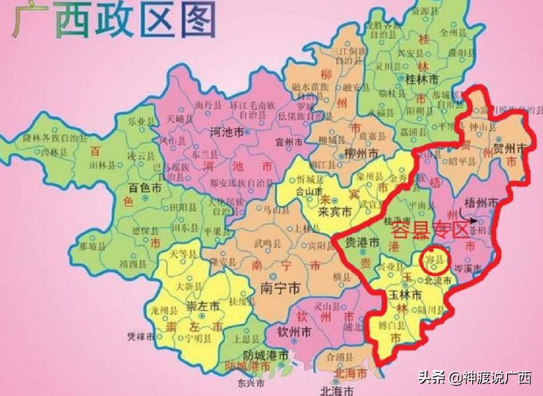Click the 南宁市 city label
[279, 288]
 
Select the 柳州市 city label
[360, 154]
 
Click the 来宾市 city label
[335, 212]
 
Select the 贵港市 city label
[362, 243]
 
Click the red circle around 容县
[435, 260]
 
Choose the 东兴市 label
[245, 382]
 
